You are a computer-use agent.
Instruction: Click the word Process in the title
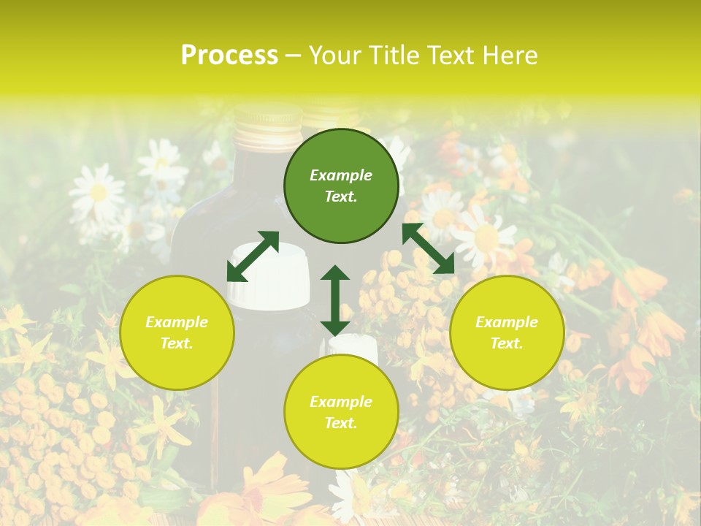(x=229, y=56)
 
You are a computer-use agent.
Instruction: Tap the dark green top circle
(x=341, y=186)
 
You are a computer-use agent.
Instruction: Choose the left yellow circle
(x=177, y=332)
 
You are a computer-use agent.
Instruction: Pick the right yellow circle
(x=507, y=332)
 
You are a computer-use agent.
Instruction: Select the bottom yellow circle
(x=341, y=412)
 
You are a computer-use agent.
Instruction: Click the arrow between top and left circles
(x=253, y=256)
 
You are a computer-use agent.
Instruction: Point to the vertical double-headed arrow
(x=335, y=300)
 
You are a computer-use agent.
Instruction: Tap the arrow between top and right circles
(x=429, y=248)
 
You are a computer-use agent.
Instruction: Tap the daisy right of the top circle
(x=485, y=237)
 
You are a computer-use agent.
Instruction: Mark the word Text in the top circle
(x=341, y=197)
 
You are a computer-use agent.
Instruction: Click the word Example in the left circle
(x=177, y=322)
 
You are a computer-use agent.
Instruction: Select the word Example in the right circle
(x=507, y=322)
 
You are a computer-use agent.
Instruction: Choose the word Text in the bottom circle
(x=341, y=423)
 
